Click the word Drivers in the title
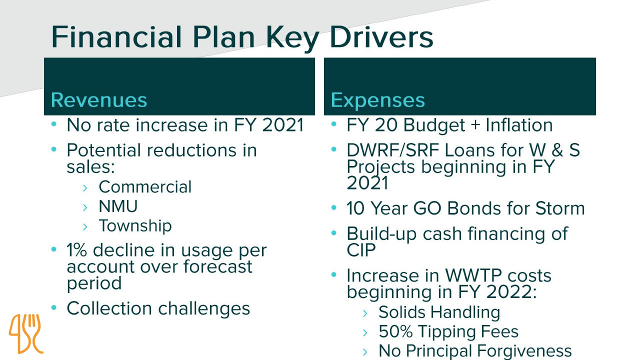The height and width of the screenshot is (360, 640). coord(381,37)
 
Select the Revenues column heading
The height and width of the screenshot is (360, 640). coord(99,100)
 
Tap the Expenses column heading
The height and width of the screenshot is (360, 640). coord(377,100)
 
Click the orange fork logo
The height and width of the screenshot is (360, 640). coord(26,333)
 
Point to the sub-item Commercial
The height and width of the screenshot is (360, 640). coord(145,187)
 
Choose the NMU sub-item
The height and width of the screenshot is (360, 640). coord(118,206)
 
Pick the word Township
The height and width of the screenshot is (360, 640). coord(135,226)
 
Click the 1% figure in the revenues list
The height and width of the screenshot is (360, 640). coord(76,250)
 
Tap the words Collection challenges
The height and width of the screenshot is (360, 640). coord(158,309)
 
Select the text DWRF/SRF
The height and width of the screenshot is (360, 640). coord(392,150)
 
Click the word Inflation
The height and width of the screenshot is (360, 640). coord(519,125)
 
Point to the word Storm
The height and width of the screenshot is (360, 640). coord(559,208)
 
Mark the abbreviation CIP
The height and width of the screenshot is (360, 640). coord(361,250)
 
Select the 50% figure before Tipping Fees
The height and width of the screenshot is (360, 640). coord(395,331)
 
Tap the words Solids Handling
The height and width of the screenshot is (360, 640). coord(439,312)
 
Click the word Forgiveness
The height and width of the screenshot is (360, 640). coord(524,351)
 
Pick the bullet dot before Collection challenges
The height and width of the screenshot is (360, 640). coord(53,307)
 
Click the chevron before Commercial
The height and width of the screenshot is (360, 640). coord(85,188)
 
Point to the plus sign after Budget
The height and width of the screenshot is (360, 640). coord(475,125)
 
